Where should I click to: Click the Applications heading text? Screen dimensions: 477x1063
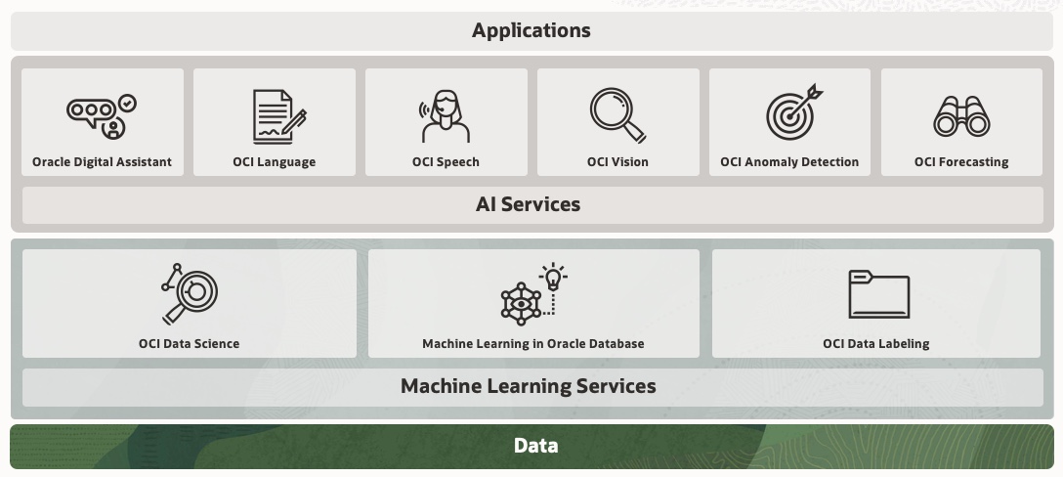(531, 30)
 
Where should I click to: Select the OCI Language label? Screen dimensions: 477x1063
(274, 162)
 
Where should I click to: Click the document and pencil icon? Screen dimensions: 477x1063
(277, 116)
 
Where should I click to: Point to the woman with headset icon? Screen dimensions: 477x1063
(446, 116)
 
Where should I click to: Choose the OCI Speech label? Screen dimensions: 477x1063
(446, 162)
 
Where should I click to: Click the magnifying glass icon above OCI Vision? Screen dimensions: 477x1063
(617, 115)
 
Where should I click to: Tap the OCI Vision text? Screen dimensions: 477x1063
(617, 162)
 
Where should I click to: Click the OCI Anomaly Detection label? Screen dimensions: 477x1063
(789, 162)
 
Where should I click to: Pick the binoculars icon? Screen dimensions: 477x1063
(961, 116)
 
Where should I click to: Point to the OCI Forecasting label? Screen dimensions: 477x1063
(961, 162)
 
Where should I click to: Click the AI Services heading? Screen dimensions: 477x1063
(528, 204)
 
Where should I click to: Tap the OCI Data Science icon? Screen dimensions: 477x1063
(190, 293)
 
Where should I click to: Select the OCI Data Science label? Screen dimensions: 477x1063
(189, 344)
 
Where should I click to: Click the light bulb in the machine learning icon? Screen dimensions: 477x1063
(553, 278)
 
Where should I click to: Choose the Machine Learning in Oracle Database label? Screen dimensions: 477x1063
(532, 344)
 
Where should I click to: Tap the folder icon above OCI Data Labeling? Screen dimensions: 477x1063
(878, 294)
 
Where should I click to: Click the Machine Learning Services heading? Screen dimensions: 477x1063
(528, 386)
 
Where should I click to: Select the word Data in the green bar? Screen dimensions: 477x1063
(535, 446)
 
